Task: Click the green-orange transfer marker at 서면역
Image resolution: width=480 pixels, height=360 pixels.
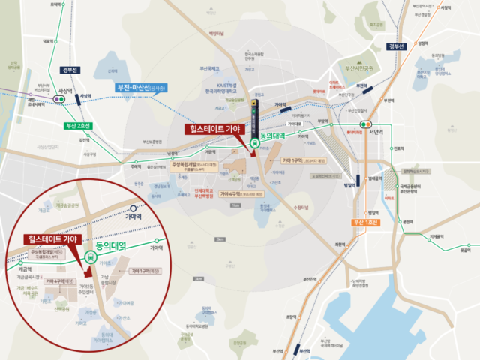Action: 367,124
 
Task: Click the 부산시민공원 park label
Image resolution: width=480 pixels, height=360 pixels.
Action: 358,67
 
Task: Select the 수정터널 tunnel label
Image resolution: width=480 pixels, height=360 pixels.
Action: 302,205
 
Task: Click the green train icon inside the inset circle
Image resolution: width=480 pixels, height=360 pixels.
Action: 91,257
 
